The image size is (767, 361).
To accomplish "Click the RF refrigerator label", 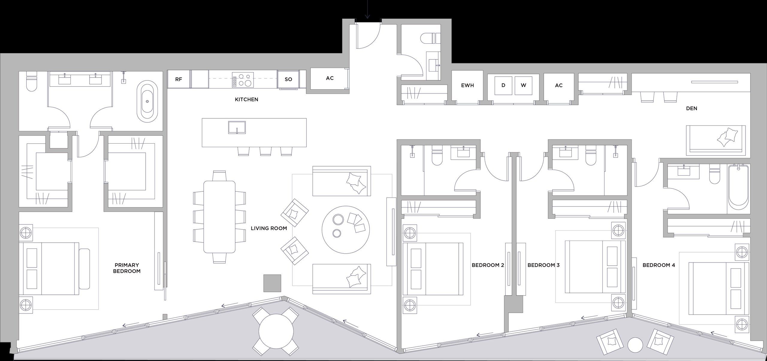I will (x=179, y=79).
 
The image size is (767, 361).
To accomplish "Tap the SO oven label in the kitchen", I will (x=288, y=79).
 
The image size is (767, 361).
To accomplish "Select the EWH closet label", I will (x=467, y=85).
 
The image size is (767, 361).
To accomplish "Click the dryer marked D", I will (x=503, y=85).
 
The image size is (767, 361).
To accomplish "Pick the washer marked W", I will (x=523, y=85).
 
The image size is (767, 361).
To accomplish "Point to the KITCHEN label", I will (x=246, y=99).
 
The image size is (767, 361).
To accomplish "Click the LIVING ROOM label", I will (x=269, y=229).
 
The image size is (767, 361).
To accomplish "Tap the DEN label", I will (x=691, y=108).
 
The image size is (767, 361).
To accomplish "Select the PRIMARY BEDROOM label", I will (x=127, y=268).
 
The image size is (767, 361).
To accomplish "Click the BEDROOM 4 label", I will (x=659, y=265).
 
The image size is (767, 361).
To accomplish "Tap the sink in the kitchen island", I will (x=237, y=127).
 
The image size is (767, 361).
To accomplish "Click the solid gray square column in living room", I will (x=272, y=283).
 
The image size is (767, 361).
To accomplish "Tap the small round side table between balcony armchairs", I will (x=635, y=345).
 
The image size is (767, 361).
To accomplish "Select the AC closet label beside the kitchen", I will (x=330, y=78).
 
